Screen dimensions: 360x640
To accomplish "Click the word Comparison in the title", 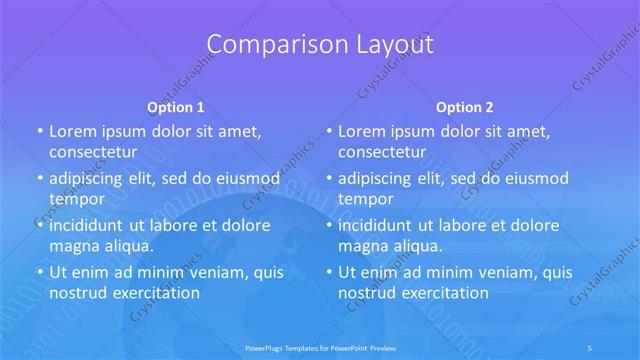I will [265, 45].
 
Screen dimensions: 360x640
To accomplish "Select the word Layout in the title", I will [386, 45].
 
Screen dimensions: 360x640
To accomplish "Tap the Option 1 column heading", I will [176, 107].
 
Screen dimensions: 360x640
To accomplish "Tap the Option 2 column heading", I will [465, 107].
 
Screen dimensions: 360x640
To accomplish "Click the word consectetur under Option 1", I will [92, 152].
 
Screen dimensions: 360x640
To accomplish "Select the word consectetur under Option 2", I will [381, 152].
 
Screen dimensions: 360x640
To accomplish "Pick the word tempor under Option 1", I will [77, 198].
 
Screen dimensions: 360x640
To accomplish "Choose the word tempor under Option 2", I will [366, 198].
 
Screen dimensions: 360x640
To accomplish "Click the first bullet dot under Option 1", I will [39, 131].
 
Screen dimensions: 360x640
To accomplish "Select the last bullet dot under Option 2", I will [328, 272].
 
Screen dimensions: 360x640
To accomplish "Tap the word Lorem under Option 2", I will [360, 131].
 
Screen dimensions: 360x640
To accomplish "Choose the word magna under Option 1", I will [74, 245].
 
